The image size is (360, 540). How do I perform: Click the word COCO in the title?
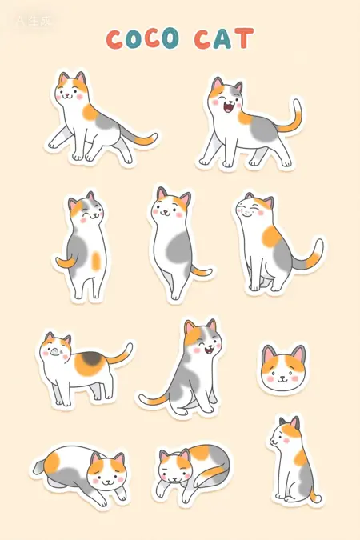click(x=142, y=38)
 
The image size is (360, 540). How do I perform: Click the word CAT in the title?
click(x=223, y=38)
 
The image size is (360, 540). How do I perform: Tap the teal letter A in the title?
click(x=222, y=38)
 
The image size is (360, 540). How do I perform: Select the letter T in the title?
click(x=244, y=38)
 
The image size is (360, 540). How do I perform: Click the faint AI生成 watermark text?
click(x=34, y=21)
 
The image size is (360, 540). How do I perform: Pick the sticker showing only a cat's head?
click(x=283, y=368)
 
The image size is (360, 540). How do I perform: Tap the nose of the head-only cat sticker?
click(x=282, y=377)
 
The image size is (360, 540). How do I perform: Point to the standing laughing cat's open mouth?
click(x=229, y=107)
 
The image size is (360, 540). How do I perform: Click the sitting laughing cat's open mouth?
click(x=209, y=350)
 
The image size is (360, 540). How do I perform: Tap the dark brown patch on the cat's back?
click(x=92, y=358)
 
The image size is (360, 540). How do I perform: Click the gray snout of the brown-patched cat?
click(x=54, y=352)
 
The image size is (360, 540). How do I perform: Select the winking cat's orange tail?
click(x=66, y=262)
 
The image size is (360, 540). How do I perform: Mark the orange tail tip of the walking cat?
click(x=145, y=139)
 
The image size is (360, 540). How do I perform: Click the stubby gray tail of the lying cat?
click(x=39, y=466)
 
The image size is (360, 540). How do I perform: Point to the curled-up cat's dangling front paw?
click(x=161, y=490)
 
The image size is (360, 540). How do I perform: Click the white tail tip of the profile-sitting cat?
click(x=318, y=498)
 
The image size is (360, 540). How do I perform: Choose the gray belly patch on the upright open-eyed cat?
click(x=178, y=250)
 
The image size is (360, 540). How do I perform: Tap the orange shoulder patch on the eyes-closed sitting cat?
click(x=272, y=237)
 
